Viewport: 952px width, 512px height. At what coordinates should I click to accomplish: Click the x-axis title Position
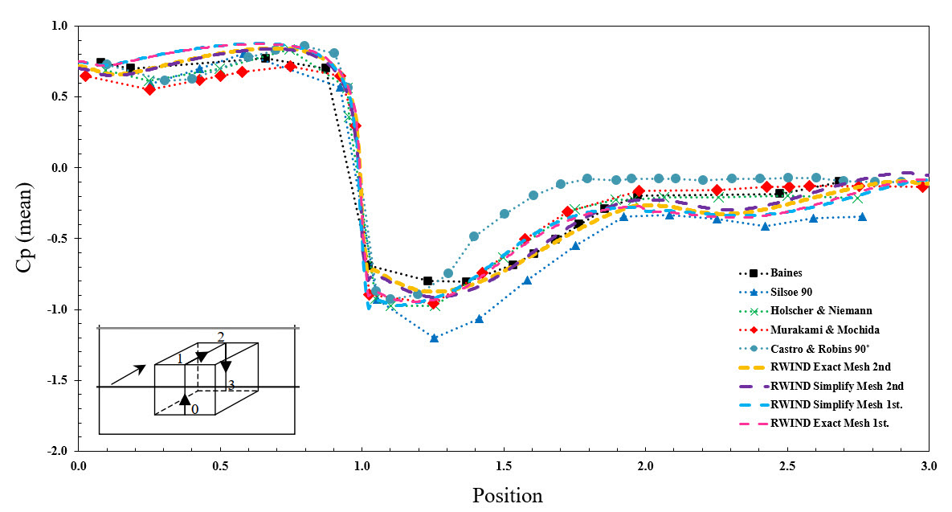tap(507, 494)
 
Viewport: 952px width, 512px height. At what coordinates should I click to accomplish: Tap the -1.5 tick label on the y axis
tap(59, 380)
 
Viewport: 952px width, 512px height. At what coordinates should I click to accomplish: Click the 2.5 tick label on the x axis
tap(787, 466)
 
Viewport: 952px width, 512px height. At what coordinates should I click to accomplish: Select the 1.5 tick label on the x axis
tap(504, 466)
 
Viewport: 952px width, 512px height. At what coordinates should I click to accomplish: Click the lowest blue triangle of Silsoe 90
tap(434, 338)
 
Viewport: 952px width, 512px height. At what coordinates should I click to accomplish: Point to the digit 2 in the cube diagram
tap(221, 336)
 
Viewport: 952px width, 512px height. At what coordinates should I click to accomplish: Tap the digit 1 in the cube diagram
tap(181, 358)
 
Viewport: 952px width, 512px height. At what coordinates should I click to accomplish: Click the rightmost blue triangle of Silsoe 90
tap(862, 217)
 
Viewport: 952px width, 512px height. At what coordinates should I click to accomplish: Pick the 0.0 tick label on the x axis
tap(79, 466)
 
